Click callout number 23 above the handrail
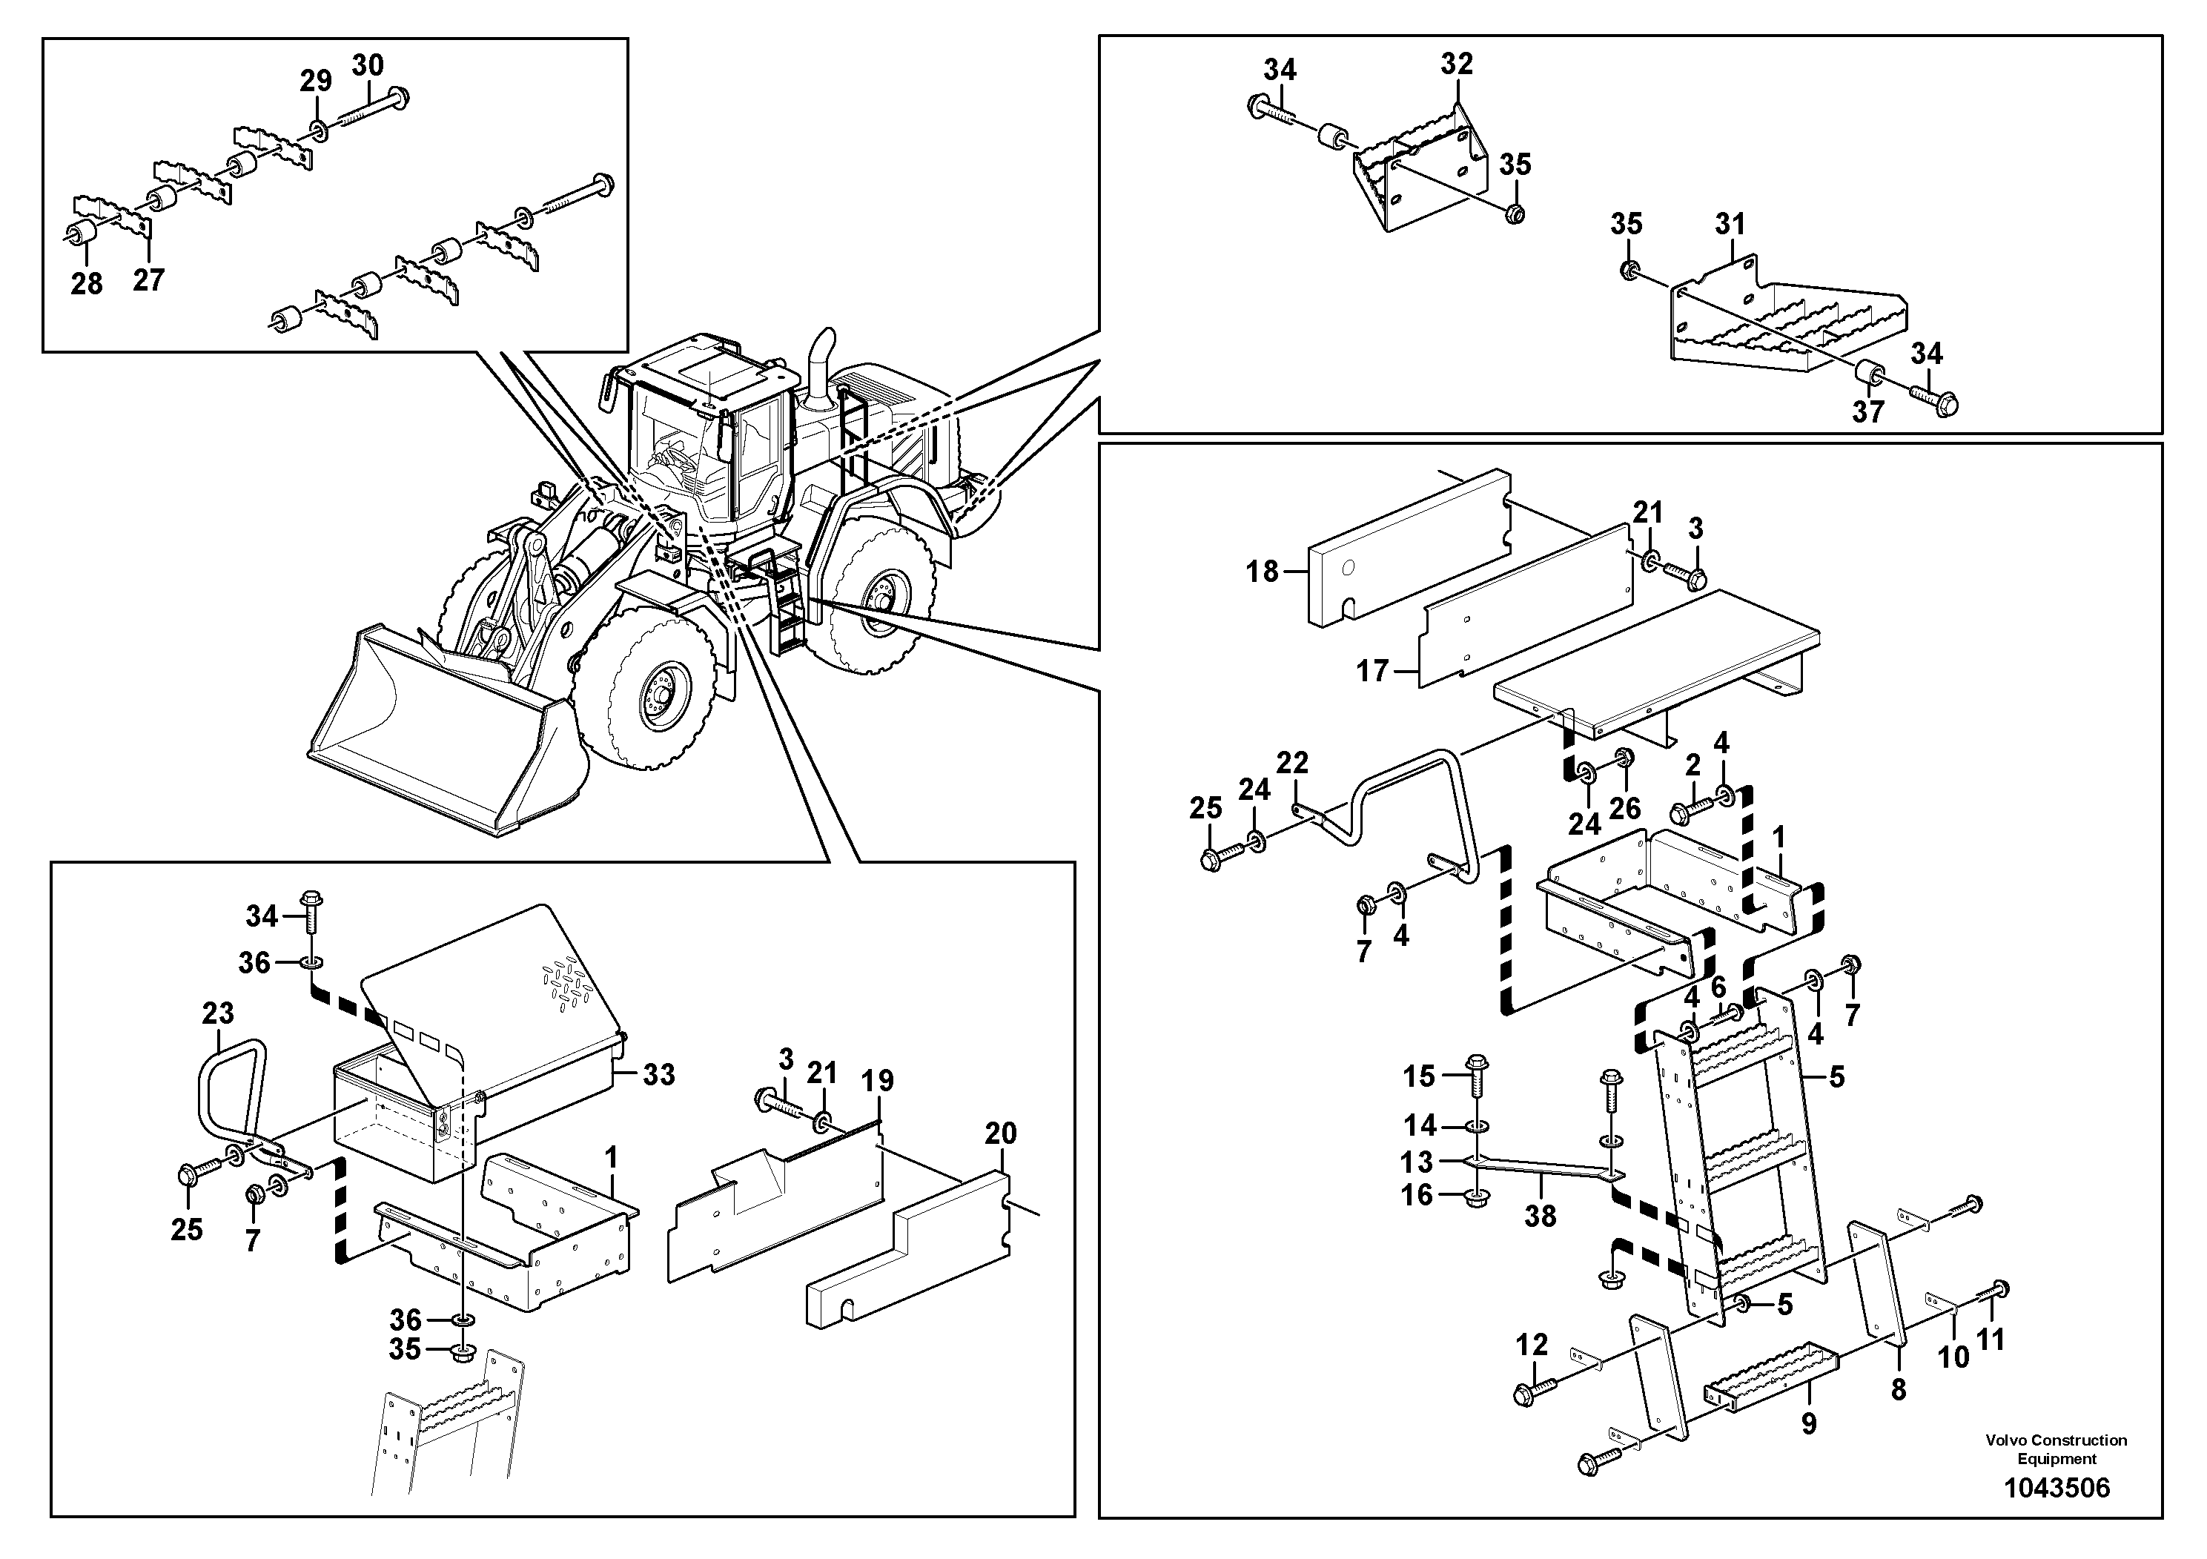(x=218, y=1013)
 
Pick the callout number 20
(x=1001, y=1134)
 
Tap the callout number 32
(x=1457, y=64)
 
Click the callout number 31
(x=1730, y=224)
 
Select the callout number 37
(x=1869, y=411)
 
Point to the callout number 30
(x=367, y=64)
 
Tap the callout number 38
(x=1540, y=1216)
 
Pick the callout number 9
(x=1809, y=1423)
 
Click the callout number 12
(x=1532, y=1345)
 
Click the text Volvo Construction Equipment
(x=2056, y=1448)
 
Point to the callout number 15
(x=1419, y=1076)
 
